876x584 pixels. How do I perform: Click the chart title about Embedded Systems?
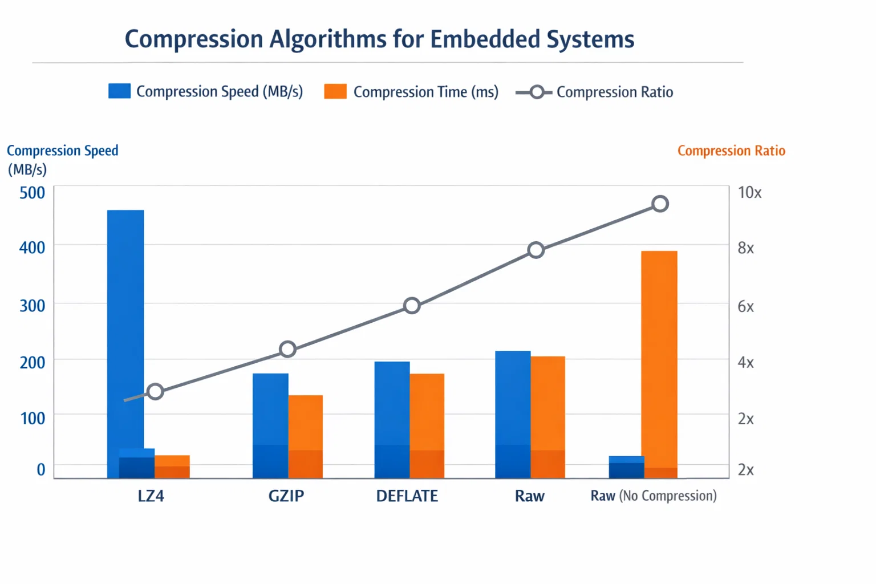point(379,39)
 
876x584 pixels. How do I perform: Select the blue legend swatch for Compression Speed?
point(119,91)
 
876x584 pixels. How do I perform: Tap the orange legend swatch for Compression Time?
point(335,91)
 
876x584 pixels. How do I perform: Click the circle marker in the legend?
point(536,92)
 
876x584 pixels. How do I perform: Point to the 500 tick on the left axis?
point(33,193)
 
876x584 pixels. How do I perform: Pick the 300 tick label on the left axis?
point(33,306)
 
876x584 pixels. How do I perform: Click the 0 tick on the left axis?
point(41,469)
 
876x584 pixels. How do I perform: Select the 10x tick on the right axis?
point(749,193)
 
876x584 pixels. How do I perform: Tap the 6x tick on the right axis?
point(745,306)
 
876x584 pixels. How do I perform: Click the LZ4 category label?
point(151,496)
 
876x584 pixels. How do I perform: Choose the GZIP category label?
point(286,496)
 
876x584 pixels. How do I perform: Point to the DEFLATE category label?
point(407,496)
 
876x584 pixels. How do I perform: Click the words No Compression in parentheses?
point(668,496)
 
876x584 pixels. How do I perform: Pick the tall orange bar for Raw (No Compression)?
point(659,359)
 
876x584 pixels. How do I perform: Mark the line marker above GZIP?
point(288,349)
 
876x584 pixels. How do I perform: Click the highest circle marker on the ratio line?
point(660,204)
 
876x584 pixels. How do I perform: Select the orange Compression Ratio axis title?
point(731,151)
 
